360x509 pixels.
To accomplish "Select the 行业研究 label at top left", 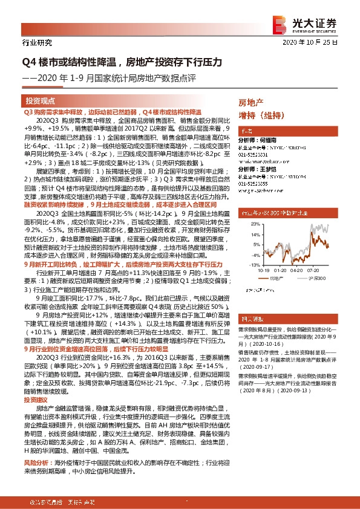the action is [x=37, y=43].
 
